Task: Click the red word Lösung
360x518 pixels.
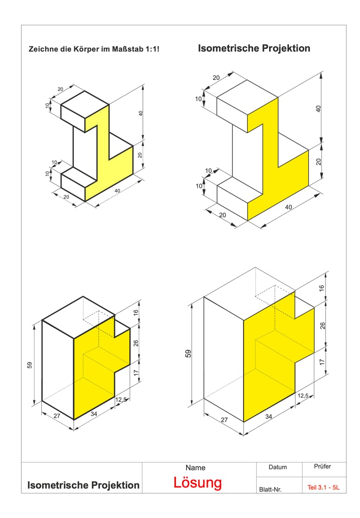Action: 198,483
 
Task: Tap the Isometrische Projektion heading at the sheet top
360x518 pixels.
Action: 254,48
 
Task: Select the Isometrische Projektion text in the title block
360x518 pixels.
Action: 83,485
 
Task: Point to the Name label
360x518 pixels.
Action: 195,468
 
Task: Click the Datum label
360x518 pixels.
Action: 278,467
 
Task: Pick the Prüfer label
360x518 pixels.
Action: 322,466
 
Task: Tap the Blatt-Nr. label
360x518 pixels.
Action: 271,490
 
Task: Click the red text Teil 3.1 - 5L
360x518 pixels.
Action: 323,487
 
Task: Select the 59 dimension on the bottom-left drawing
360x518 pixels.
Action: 29,365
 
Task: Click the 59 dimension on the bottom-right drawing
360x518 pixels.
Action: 188,354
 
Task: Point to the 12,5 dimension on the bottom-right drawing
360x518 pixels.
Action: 303,395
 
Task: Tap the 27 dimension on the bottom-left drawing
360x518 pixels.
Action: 57,416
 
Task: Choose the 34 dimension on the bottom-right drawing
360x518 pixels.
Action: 269,417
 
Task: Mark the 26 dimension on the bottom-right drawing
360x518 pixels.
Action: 322,326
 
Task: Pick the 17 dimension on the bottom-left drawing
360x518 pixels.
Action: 136,372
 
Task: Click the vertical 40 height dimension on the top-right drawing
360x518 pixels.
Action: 318,108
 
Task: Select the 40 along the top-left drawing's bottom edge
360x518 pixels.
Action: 117,191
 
